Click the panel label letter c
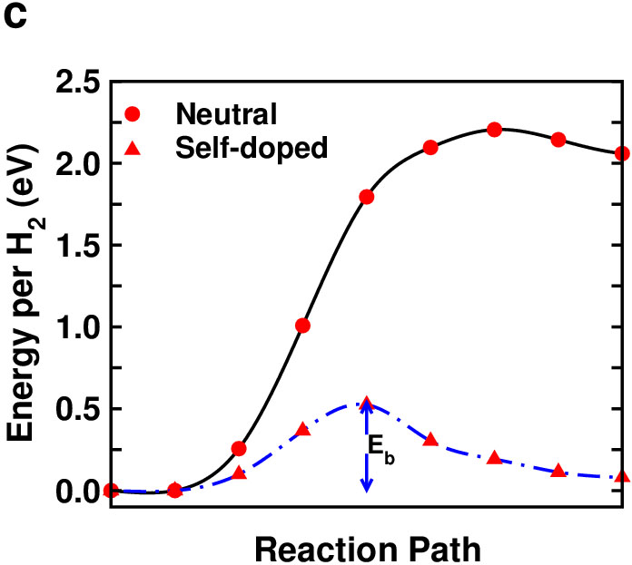click(15, 18)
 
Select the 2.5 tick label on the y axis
click(78, 83)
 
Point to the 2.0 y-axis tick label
click(78, 164)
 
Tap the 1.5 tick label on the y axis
click(78, 246)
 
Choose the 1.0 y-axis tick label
click(78, 327)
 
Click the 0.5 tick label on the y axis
click(78, 409)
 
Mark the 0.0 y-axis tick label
click(78, 491)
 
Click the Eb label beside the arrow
click(382, 450)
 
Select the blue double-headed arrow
click(366, 446)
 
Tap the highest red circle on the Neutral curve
click(495, 130)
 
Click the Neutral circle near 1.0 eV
click(302, 326)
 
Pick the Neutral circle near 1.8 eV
click(367, 197)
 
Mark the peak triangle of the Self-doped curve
click(367, 403)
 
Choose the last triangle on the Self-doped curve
click(622, 475)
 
